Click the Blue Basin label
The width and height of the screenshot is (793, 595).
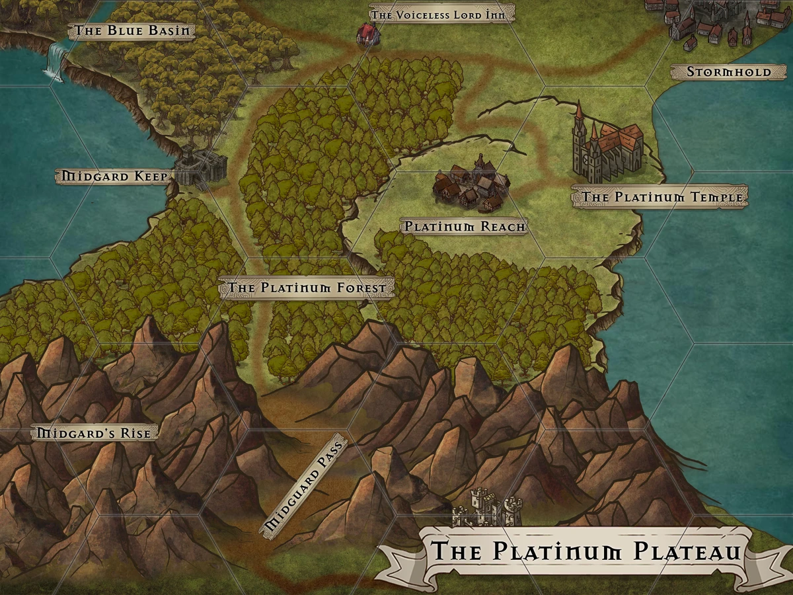pos(132,30)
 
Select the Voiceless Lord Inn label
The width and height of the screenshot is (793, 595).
pos(441,14)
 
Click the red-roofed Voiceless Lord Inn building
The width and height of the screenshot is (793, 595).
pos(367,34)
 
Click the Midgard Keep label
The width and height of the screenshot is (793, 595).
pos(114,176)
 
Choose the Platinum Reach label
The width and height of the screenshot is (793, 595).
pos(465,227)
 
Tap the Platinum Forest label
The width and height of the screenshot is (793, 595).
pos(307,288)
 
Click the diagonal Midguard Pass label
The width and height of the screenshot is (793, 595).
pos(305,487)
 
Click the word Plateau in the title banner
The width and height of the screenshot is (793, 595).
pos(685,550)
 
